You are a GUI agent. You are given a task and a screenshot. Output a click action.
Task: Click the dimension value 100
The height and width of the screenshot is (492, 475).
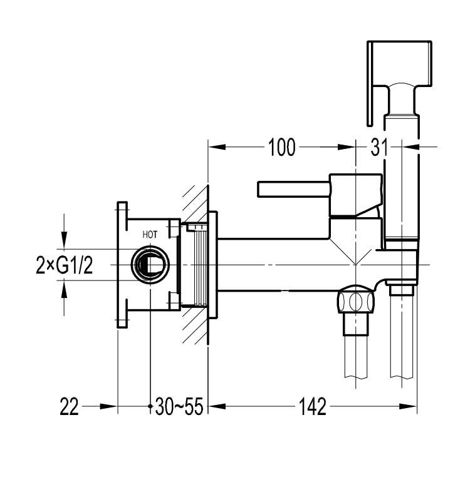pos(281,148)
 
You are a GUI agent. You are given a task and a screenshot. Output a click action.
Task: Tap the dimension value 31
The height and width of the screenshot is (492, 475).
pos(378,148)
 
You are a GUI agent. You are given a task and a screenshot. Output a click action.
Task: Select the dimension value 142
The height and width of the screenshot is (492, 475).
pos(313,407)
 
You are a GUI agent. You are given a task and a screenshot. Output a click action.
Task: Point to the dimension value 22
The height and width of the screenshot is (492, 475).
pos(70,407)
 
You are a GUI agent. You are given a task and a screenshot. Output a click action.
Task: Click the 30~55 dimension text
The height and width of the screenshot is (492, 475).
pos(179,407)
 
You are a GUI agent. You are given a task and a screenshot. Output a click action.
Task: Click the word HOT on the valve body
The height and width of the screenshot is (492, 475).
pos(150,235)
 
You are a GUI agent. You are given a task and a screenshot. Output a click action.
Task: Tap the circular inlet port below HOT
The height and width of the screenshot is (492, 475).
pos(150,264)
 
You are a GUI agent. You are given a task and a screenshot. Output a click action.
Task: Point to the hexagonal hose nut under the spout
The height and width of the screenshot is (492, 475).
pos(356,302)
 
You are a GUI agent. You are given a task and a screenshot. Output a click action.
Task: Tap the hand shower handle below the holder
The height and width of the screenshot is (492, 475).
pos(402,182)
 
